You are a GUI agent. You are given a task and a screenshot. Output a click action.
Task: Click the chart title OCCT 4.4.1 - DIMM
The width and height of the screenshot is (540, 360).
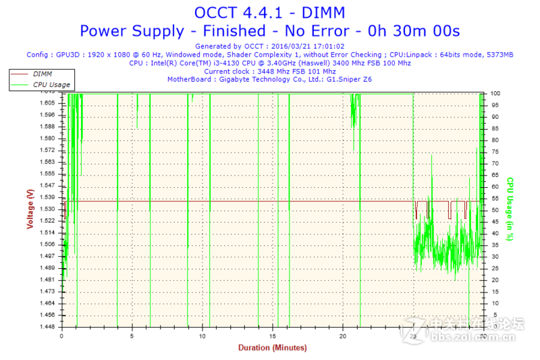tap(269, 12)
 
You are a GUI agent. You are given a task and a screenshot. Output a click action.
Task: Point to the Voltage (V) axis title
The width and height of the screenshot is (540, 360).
tap(30, 209)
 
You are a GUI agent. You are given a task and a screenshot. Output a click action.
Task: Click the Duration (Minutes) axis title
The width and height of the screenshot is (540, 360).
tap(272, 348)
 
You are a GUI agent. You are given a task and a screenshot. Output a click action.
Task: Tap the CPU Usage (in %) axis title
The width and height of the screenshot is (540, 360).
tap(511, 209)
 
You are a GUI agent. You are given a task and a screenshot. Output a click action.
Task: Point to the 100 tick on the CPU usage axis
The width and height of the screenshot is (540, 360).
tap(495, 93)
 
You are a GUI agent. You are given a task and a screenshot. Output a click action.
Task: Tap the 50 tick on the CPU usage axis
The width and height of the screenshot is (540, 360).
tap(494, 210)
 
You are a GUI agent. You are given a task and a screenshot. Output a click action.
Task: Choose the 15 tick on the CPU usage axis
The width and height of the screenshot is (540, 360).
tap(494, 292)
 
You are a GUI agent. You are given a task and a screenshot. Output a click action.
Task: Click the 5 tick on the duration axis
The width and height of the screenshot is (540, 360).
tap(132, 336)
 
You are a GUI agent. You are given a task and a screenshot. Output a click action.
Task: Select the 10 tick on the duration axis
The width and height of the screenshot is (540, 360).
tap(202, 336)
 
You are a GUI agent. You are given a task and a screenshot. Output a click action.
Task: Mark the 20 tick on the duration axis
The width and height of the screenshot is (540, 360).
tap(343, 336)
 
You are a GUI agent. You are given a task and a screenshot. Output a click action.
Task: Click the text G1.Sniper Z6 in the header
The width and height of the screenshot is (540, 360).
tap(349, 79)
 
